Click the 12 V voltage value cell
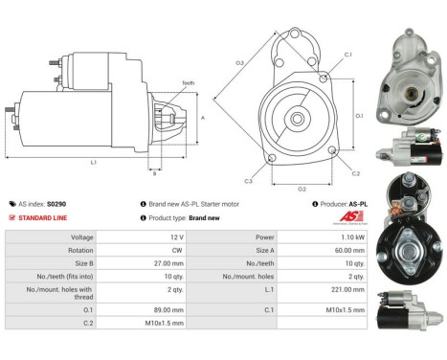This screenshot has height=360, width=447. coord(172,236)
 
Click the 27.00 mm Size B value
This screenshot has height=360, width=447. coord(168,260)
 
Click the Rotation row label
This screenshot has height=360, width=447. coord(81,248)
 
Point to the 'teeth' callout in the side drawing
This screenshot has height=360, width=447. coord(188,84)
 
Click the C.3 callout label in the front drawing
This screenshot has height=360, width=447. coord(248,180)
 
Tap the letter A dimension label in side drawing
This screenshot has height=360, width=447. coord(202,117)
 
